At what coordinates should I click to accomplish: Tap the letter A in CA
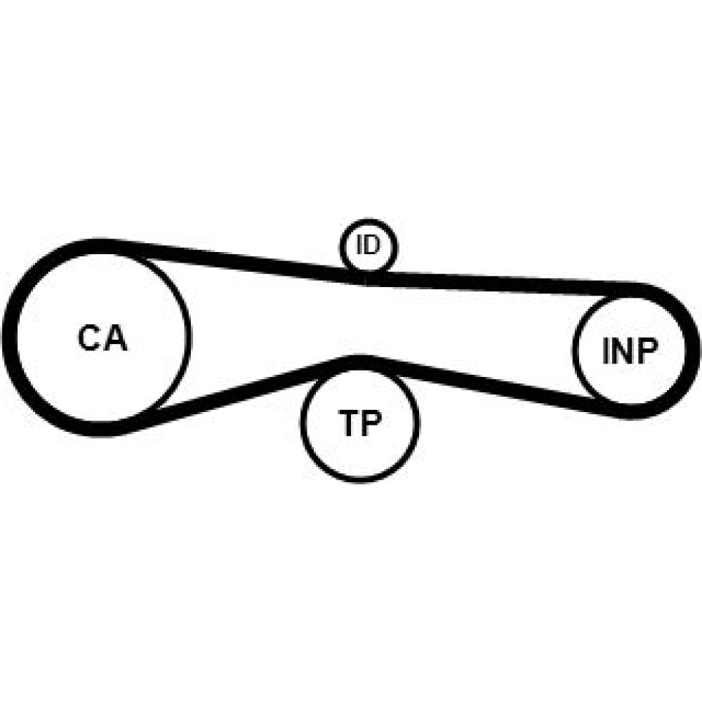click(116, 338)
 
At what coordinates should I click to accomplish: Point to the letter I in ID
click(359, 244)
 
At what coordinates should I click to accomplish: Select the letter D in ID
click(372, 244)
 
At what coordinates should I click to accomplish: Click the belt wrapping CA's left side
click(10, 338)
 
